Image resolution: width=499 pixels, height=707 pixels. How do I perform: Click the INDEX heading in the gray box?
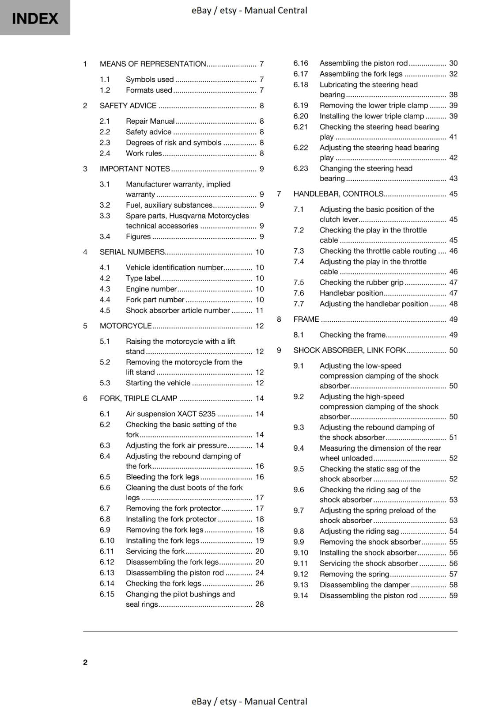[35, 19]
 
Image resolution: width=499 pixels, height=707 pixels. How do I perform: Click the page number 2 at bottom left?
[85, 662]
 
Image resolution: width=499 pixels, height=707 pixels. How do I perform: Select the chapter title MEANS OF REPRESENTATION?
[153, 64]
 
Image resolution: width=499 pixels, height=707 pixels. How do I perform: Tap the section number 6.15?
[107, 594]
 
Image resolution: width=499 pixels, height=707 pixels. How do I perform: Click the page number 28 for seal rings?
[259, 604]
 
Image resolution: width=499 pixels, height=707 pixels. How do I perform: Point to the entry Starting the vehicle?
[158, 383]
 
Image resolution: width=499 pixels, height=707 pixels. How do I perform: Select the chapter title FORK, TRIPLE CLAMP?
[138, 399]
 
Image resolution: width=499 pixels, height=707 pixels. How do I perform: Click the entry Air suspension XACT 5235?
[170, 414]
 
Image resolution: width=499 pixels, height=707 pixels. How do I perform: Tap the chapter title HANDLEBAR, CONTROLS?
[338, 194]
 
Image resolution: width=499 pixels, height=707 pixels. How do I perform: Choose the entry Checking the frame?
[352, 335]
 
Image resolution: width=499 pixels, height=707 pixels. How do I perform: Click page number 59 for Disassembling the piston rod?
[453, 596]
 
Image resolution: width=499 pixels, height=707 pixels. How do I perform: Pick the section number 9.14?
[301, 596]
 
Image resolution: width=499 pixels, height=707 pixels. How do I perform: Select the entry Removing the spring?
[354, 574]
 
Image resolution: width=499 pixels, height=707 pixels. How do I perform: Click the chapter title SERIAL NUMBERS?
[132, 252]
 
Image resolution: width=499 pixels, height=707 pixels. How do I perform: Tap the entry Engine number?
[151, 289]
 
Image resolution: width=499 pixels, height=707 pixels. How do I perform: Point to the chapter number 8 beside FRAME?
[279, 319]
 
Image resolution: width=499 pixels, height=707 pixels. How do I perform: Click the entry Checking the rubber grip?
[361, 283]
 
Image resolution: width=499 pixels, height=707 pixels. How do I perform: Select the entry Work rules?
[144, 154]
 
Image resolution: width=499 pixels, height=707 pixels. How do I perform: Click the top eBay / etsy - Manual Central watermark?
[249, 10]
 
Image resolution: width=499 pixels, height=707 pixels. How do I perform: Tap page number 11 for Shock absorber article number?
[260, 311]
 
